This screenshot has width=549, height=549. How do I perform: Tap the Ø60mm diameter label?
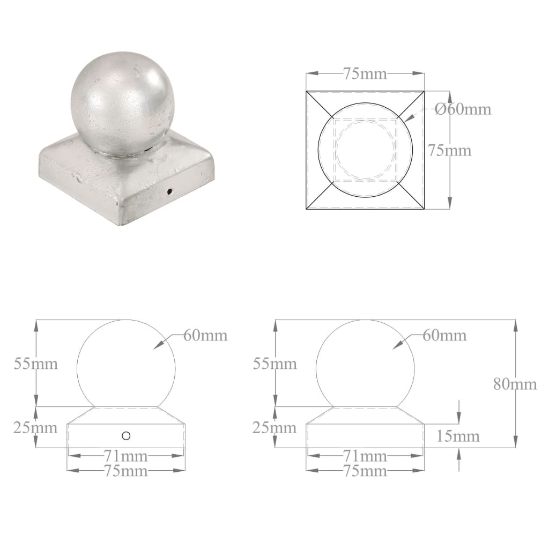463,109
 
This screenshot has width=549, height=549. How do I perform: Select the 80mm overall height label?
515,384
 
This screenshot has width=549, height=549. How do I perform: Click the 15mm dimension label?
458,436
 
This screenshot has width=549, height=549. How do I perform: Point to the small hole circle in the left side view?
126,436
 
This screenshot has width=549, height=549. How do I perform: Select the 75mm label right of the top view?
449,151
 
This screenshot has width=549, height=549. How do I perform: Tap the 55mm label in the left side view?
35,363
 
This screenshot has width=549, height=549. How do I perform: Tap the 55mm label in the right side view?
274,363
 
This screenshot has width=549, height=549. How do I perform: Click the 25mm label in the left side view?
35,428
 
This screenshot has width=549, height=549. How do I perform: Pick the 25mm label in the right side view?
274,428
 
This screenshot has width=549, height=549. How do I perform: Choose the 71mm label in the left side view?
126,456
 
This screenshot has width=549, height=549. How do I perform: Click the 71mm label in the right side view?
365,456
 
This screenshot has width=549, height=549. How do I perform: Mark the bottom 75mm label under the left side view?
126,471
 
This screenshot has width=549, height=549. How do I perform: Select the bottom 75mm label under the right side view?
365,471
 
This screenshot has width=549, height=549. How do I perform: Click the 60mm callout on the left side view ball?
205,336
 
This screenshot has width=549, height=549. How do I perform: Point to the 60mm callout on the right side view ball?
444,336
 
